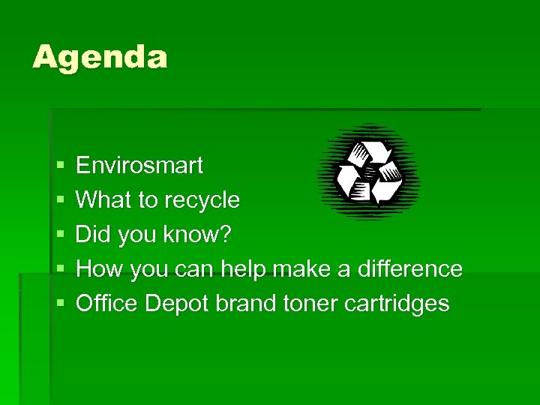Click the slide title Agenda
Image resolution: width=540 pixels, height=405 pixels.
pyautogui.click(x=100, y=58)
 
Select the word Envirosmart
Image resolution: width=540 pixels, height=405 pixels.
pyautogui.click(x=139, y=166)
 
